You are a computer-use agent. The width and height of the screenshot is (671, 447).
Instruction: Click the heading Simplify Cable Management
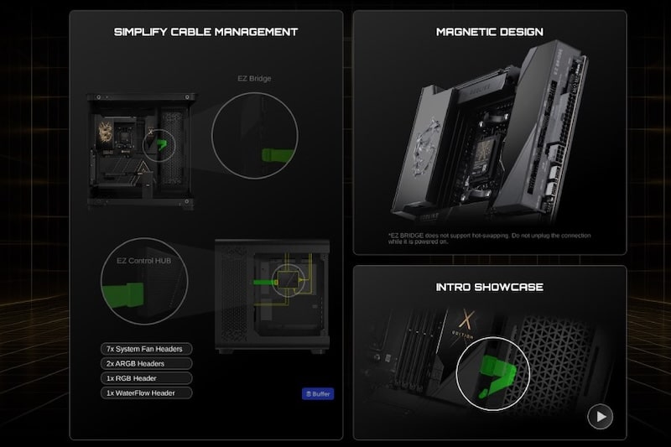pos(205,32)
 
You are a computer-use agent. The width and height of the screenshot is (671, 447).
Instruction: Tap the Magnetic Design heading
pos(489,32)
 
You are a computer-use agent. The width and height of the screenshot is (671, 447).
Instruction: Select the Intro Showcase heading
pos(489,287)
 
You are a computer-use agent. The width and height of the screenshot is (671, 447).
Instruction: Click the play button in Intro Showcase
pos(600,416)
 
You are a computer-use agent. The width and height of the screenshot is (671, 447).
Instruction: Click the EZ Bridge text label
pos(255,78)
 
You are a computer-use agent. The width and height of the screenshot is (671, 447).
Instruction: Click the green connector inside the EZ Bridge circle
pos(277,155)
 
